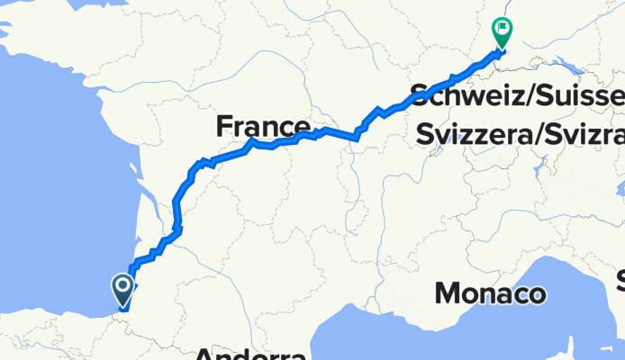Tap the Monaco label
tap(491, 293)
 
